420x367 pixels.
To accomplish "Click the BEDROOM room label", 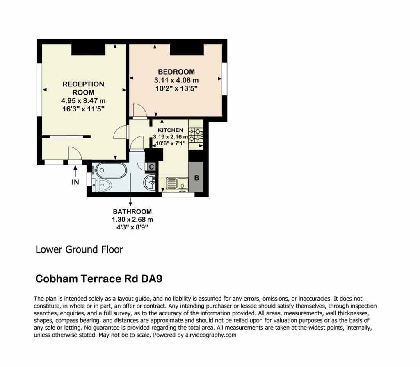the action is click(176, 72).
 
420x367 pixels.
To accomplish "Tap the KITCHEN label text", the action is click(170, 130).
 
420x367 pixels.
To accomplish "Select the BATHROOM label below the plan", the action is click(132, 212).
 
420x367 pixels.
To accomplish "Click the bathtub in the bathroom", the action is click(110, 170).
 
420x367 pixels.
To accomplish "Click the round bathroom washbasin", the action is click(149, 182).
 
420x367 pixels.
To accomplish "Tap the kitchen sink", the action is click(176, 184).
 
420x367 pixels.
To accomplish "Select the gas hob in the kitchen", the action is click(196, 135).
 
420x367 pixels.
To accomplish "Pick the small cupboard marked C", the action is click(151, 167).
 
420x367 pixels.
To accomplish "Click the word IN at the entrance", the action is click(75, 182).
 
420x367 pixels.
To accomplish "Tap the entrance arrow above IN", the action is click(75, 171).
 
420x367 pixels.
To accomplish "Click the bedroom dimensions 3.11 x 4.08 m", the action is click(176, 80).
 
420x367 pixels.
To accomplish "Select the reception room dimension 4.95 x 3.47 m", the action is click(83, 101).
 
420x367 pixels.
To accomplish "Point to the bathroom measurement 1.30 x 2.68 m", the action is click(132, 220).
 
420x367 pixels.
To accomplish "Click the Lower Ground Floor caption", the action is click(79, 249).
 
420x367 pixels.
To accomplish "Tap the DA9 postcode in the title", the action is click(152, 279).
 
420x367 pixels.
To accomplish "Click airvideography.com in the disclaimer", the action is click(211, 335).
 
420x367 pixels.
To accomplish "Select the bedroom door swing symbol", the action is click(140, 110).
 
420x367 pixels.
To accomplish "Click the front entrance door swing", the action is click(75, 153).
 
